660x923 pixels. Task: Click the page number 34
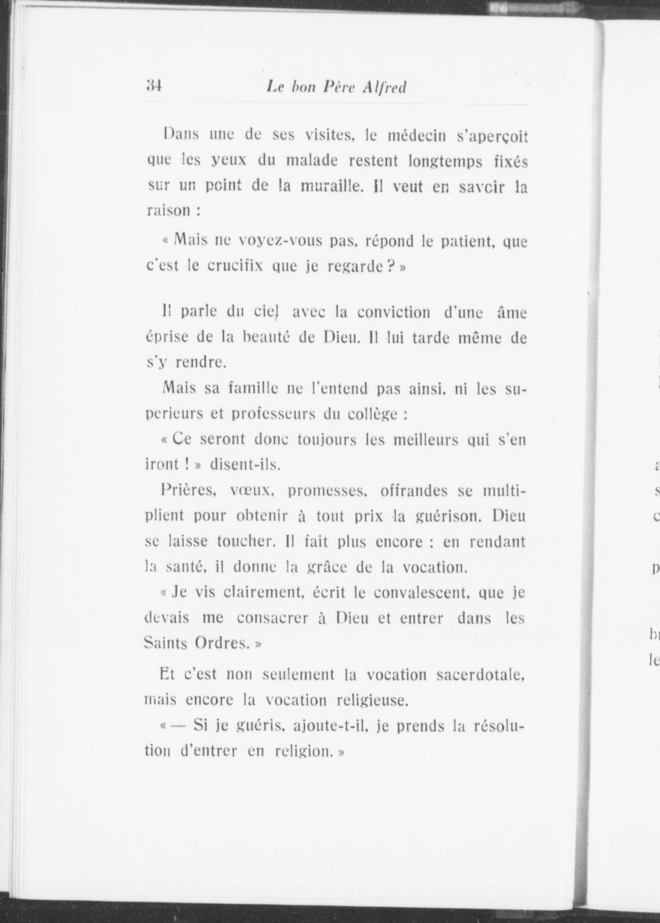154,86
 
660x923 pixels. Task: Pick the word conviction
393,312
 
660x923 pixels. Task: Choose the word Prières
187,491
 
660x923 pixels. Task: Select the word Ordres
222,643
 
